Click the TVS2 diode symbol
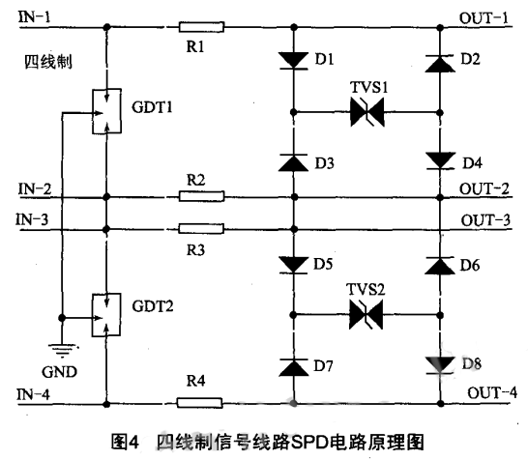tap(366, 313)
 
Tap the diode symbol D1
tap(293, 61)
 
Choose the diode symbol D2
tap(440, 63)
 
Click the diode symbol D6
tap(440, 263)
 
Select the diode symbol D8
tap(440, 364)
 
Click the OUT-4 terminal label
tap(492, 392)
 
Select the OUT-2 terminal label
tap(489, 187)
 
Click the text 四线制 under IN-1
tap(45, 64)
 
